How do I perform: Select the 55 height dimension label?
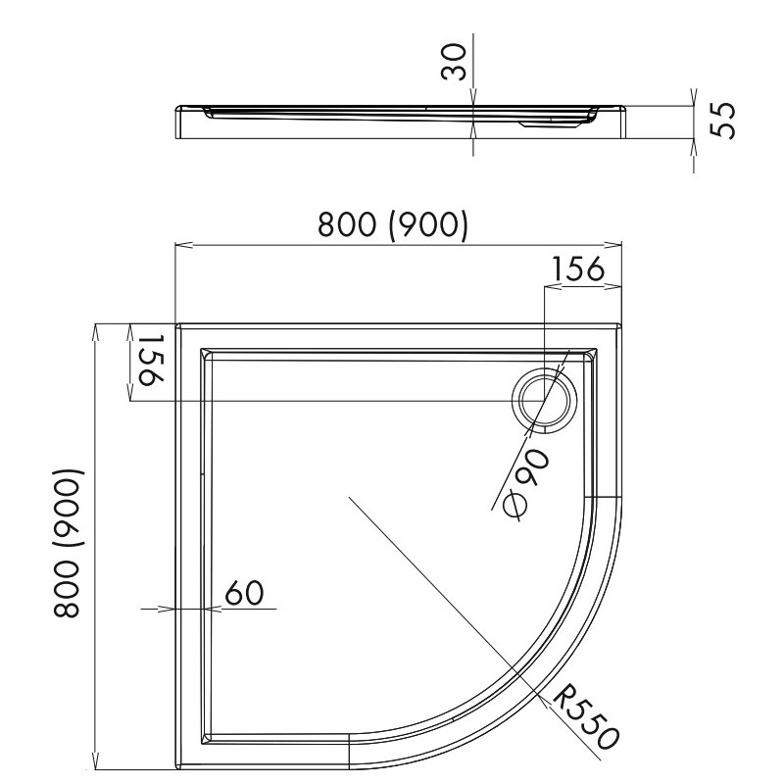[x=724, y=119]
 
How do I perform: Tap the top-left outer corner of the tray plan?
[x=176, y=324]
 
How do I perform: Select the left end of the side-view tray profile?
[x=176, y=122]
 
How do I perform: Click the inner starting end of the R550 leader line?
[x=349, y=498]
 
